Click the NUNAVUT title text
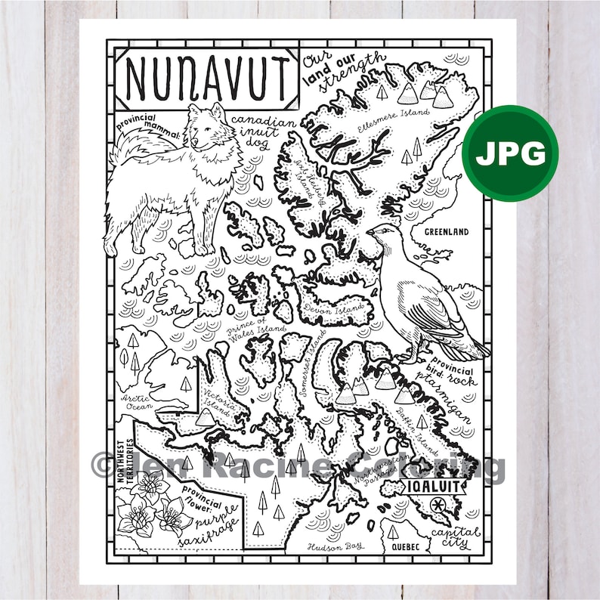[x=206, y=73]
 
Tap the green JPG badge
[x=510, y=153]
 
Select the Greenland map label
[x=446, y=232]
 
